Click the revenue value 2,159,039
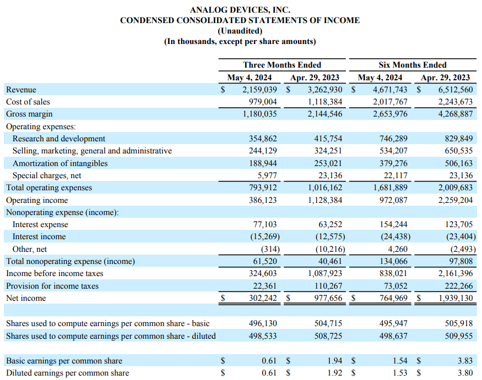259,90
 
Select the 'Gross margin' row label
29,114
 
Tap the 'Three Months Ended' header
282,65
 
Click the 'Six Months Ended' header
413,65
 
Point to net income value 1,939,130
456,298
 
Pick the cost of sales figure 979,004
263,102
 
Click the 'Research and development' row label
59,139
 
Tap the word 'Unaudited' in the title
240,31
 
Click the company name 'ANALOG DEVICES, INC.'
240,10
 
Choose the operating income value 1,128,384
325,200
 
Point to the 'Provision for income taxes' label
52,286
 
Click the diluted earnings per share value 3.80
465,373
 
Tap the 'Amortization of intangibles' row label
60,163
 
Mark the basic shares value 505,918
459,323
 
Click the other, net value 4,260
398,249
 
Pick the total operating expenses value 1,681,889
391,188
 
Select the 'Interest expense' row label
40,224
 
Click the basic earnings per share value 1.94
334,361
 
